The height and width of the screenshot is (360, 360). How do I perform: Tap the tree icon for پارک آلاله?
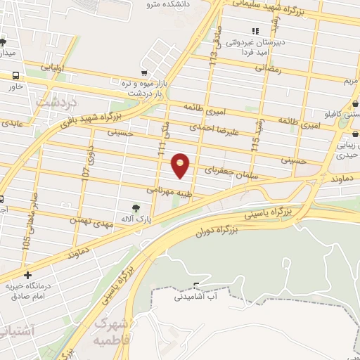coord(136,208)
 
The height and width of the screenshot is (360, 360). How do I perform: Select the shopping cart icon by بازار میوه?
coord(144,72)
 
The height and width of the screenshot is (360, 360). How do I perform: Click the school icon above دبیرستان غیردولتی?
coord(255,31)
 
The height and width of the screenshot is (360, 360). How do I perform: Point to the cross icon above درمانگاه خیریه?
coord(27,276)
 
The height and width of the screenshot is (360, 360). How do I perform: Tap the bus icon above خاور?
coord(15,77)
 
